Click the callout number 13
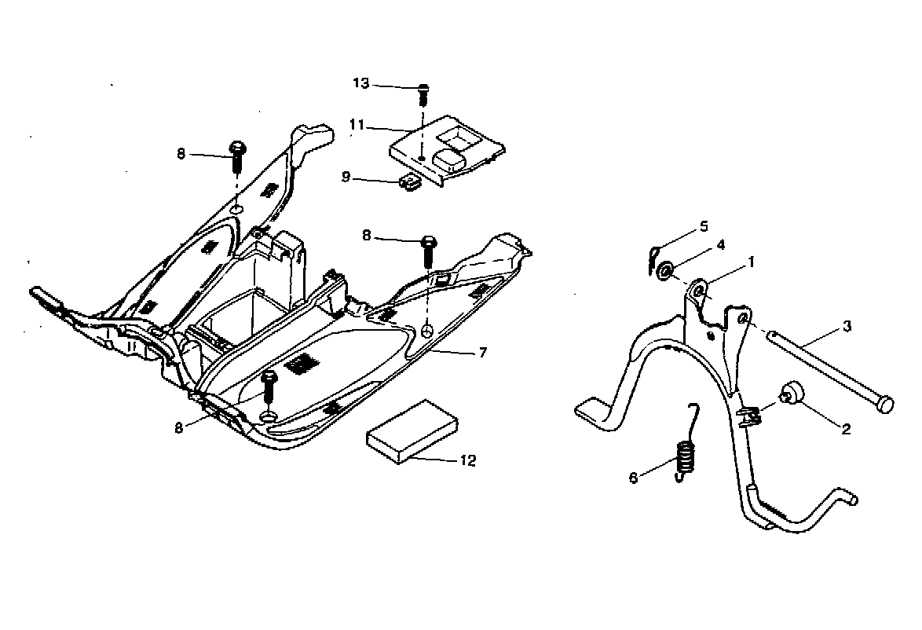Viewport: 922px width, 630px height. (360, 83)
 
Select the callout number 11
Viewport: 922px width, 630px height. (358, 124)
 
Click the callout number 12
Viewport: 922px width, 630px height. (468, 461)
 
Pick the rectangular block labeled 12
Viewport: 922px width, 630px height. (412, 433)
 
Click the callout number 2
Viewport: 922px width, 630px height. (846, 429)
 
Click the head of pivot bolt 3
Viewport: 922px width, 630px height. (884, 404)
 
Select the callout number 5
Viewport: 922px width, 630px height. (704, 226)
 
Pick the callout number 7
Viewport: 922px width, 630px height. (483, 353)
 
